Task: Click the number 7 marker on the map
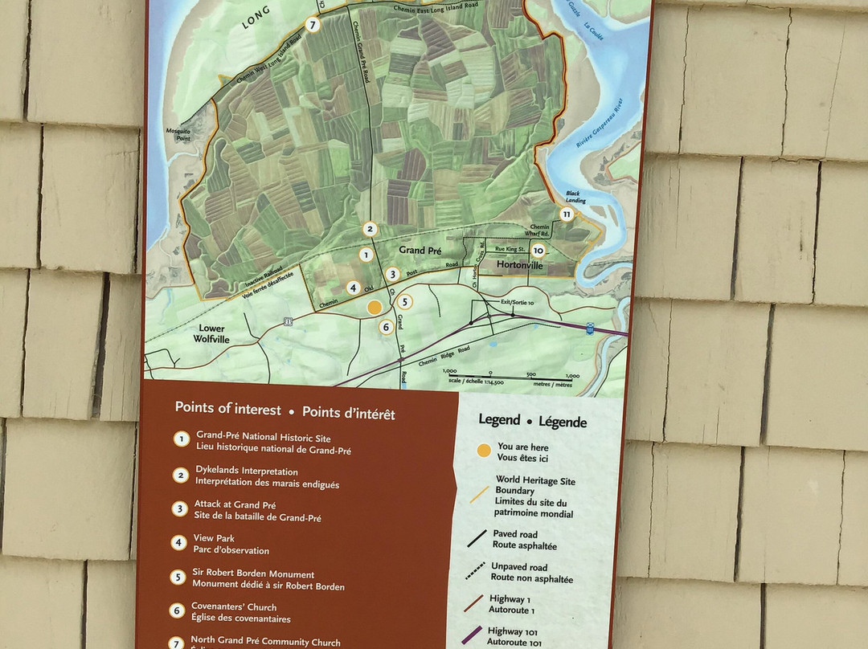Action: [x=313, y=24]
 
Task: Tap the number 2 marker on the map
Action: [x=370, y=229]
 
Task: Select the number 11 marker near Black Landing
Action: [x=567, y=214]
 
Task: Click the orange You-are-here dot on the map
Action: [x=375, y=307]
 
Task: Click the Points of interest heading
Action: [x=228, y=409]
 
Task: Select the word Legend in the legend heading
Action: [x=498, y=419]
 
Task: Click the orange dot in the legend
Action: [x=482, y=451]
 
